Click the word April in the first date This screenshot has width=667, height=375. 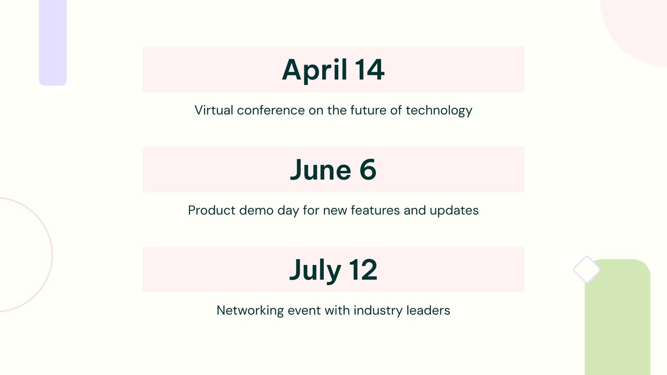[314, 70]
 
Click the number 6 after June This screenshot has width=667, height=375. [368, 169]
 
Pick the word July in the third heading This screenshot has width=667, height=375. [315, 271]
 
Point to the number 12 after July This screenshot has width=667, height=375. [363, 270]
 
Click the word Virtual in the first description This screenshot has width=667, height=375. [214, 110]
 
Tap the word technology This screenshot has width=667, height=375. [439, 111]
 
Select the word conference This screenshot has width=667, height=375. [271, 110]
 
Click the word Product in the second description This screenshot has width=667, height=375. [212, 210]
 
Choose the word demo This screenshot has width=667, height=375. [256, 210]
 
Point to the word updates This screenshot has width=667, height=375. [454, 211]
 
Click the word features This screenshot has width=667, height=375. [375, 210]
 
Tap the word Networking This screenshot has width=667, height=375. [250, 311]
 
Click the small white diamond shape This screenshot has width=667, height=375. [587, 269]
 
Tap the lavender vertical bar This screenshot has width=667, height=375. [53, 42]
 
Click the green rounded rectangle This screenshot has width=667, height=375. [617, 317]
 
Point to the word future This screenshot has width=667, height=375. [368, 110]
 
